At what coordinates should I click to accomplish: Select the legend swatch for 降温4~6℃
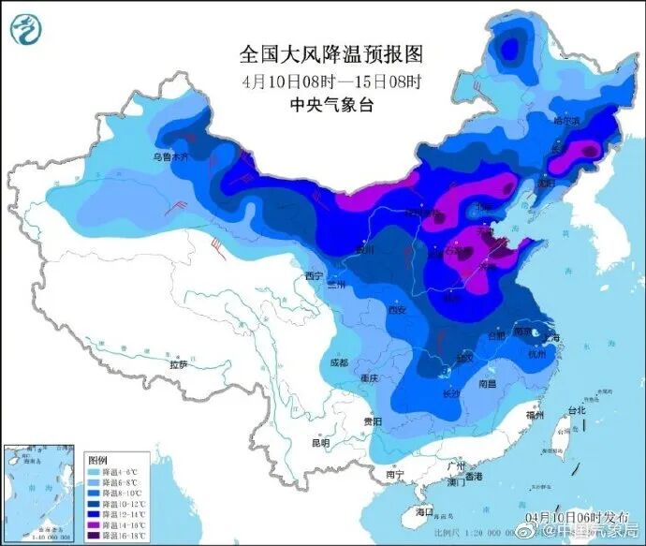pyautogui.click(x=95, y=472)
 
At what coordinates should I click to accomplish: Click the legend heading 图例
pyautogui.click(x=98, y=461)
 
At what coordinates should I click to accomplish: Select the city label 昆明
pyautogui.click(x=321, y=442)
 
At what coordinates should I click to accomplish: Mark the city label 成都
pyautogui.click(x=338, y=362)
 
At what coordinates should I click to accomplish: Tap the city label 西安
pyautogui.click(x=399, y=311)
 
